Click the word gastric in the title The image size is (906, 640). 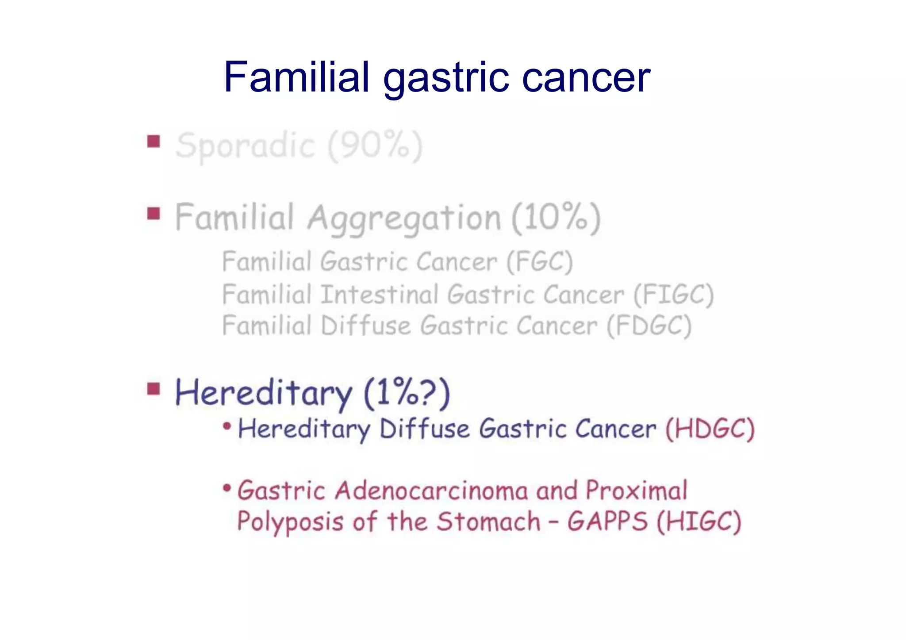pyautogui.click(x=446, y=79)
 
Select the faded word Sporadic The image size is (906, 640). pyautogui.click(x=245, y=146)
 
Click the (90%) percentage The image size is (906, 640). pyautogui.click(x=375, y=146)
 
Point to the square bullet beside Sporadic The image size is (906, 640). pyautogui.click(x=154, y=142)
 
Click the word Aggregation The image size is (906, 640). pyautogui.click(x=404, y=218)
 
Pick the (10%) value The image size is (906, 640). pyautogui.click(x=556, y=218)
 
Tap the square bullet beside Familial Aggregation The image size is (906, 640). pyautogui.click(x=154, y=214)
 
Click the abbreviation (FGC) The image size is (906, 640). pyautogui.click(x=539, y=262)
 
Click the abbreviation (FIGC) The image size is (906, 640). pyautogui.click(x=673, y=295)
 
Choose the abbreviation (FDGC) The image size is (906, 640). pyautogui.click(x=649, y=326)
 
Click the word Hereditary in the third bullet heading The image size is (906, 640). pyautogui.click(x=264, y=393)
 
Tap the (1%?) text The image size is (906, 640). pyautogui.click(x=407, y=393)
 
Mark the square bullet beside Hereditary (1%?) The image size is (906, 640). pyautogui.click(x=154, y=389)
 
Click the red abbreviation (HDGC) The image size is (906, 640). pyautogui.click(x=710, y=429)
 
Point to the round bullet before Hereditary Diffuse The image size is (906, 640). pyautogui.click(x=227, y=426)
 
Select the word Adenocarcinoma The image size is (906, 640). pyautogui.click(x=431, y=491)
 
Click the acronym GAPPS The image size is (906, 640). pyautogui.click(x=607, y=521)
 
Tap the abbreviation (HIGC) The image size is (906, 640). pyautogui.click(x=699, y=521)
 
